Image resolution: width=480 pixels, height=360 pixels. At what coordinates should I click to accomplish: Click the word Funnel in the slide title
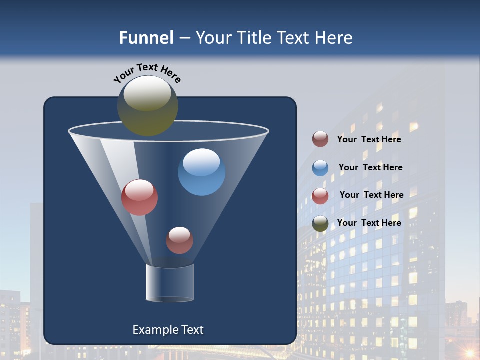146,38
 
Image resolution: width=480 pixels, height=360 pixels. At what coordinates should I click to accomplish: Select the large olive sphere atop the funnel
147,105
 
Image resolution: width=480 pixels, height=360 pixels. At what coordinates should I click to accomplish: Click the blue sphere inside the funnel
201,172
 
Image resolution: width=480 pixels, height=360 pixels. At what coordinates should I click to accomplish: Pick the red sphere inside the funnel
139,197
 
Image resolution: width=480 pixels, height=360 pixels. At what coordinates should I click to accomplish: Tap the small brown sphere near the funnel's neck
179,240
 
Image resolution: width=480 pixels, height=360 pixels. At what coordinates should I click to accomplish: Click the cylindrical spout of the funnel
170,283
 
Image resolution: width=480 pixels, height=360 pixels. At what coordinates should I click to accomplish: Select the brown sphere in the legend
320,139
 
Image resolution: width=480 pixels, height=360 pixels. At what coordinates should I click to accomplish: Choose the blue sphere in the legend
320,168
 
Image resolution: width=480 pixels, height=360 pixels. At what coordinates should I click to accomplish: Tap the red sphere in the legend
320,196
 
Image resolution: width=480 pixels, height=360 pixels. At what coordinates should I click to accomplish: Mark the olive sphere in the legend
320,223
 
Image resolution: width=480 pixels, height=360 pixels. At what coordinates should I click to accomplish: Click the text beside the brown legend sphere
369,139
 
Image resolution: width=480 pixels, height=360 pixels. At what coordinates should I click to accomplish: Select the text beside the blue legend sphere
370,167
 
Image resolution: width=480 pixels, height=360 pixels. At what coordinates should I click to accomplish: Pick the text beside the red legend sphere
371,195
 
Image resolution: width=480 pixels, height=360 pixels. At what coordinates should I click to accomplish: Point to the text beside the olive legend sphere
369,223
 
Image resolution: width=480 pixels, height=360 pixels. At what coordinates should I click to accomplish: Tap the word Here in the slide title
334,38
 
